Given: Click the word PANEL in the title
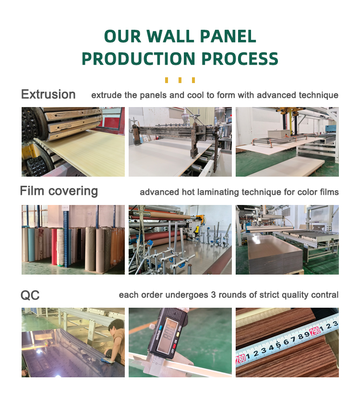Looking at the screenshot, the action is (228, 36).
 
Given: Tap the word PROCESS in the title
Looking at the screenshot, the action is (240, 59).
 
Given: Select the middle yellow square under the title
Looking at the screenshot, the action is (180, 80).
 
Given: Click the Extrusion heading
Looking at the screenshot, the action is (48, 95).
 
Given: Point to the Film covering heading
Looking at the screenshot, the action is (59, 191).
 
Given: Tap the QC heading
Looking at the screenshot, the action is (30, 295).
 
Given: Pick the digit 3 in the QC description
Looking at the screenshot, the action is (214, 295).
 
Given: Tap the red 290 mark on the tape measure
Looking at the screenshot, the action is (315, 331).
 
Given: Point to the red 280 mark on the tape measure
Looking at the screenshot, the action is (240, 359).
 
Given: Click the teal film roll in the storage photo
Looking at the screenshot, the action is (31, 244).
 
